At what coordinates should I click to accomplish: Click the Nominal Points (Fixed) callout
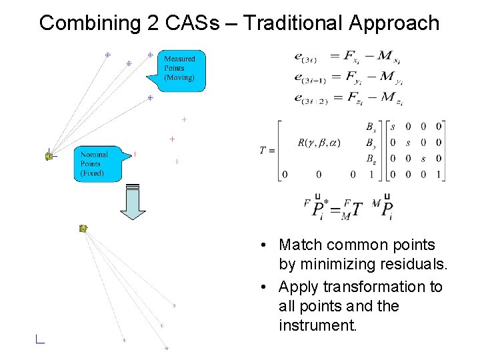[95, 163]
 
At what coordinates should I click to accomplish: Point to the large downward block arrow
[133, 202]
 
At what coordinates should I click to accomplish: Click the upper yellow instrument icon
[49, 156]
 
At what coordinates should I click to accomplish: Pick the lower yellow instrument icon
[83, 229]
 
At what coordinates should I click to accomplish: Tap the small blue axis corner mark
[39, 339]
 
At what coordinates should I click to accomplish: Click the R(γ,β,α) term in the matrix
[318, 143]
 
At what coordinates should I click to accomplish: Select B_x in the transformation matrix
[371, 127]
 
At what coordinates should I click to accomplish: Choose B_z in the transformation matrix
[371, 159]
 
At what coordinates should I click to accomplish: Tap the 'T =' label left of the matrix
[267, 150]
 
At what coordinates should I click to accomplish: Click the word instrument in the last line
[318, 326]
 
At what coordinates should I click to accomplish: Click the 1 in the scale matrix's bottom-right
[438, 175]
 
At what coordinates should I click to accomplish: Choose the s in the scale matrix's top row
[393, 126]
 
